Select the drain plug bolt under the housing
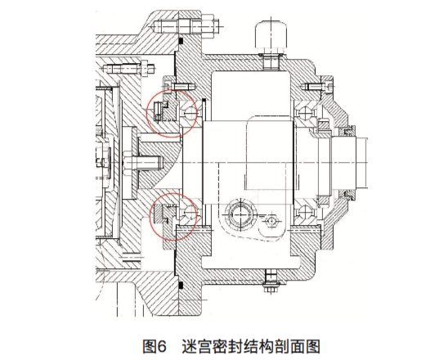coord(271,281)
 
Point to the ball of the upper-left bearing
coord(190,112)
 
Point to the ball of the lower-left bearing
coord(190,212)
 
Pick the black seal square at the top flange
coord(182,41)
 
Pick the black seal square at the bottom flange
coord(182,285)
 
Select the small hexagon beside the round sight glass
coord(271,220)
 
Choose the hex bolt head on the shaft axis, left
coord(127,163)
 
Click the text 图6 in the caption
coord(154,346)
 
